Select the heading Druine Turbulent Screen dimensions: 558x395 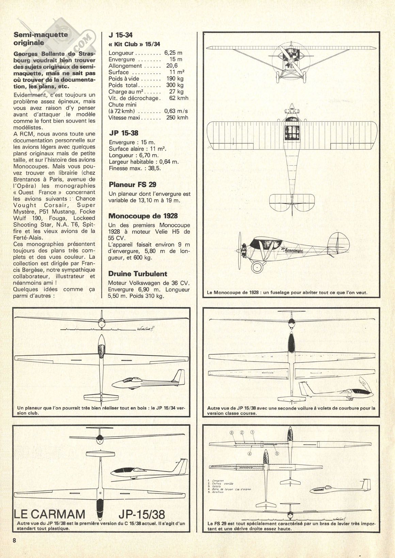138,274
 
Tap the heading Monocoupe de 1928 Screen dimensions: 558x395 143,216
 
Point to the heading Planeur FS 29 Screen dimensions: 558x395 132,185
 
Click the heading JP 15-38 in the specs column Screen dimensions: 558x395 124,133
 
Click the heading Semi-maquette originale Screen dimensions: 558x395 41,38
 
